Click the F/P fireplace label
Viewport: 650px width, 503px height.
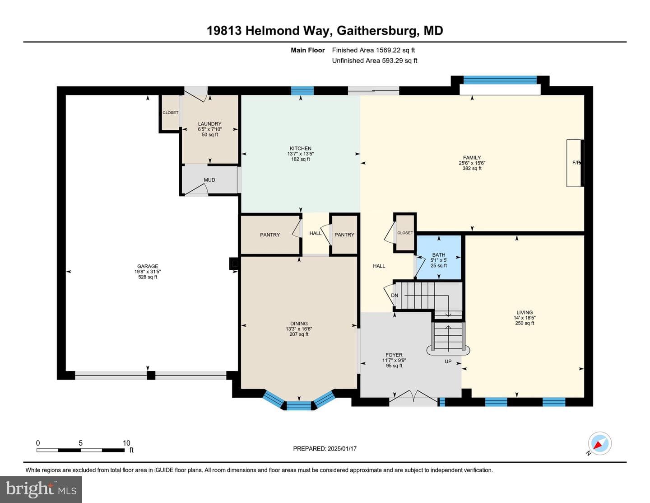click(576, 163)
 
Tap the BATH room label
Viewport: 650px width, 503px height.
click(439, 254)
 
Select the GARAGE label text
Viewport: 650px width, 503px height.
click(148, 266)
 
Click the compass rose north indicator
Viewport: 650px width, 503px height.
click(599, 444)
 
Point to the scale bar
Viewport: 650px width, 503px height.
click(80, 450)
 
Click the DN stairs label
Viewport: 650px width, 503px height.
click(395, 295)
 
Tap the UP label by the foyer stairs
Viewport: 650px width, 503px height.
click(448, 362)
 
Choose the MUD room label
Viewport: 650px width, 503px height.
click(209, 180)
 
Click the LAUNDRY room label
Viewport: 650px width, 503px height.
click(210, 124)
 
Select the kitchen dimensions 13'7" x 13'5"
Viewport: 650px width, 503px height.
click(301, 154)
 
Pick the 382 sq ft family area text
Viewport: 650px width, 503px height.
click(472, 168)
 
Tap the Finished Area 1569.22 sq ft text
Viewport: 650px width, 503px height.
click(373, 50)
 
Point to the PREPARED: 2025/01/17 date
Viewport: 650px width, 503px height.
click(325, 448)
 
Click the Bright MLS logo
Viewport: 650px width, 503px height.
click(41, 489)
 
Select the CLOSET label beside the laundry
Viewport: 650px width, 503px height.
click(171, 113)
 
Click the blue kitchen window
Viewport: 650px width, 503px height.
click(302, 90)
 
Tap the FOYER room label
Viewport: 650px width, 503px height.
click(394, 355)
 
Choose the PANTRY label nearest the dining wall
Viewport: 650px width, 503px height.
click(270, 235)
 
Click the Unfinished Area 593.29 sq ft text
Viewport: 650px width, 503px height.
click(375, 61)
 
